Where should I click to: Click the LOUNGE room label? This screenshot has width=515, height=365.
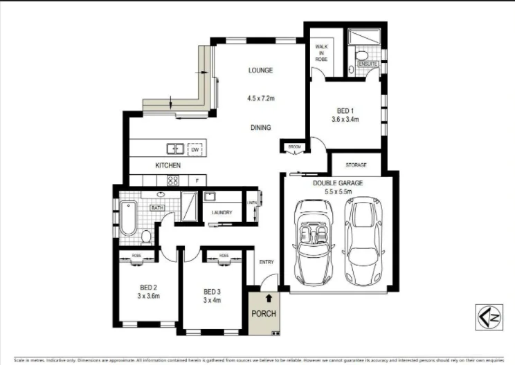coord(261,70)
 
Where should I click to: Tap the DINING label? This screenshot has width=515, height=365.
coord(261,127)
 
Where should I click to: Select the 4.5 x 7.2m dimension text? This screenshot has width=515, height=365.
coord(261,99)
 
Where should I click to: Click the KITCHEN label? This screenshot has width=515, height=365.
coord(168,166)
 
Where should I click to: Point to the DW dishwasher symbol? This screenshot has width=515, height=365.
coord(195,149)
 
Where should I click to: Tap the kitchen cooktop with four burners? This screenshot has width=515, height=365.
coord(174,180)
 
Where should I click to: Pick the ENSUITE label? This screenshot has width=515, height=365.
coord(367,64)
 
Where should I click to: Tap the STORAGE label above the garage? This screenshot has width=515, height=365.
coord(356,165)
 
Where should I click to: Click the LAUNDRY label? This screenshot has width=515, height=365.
coord(222,212)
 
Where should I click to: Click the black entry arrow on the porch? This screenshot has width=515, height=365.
coord(269,298)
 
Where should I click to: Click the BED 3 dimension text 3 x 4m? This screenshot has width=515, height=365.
coord(212,301)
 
